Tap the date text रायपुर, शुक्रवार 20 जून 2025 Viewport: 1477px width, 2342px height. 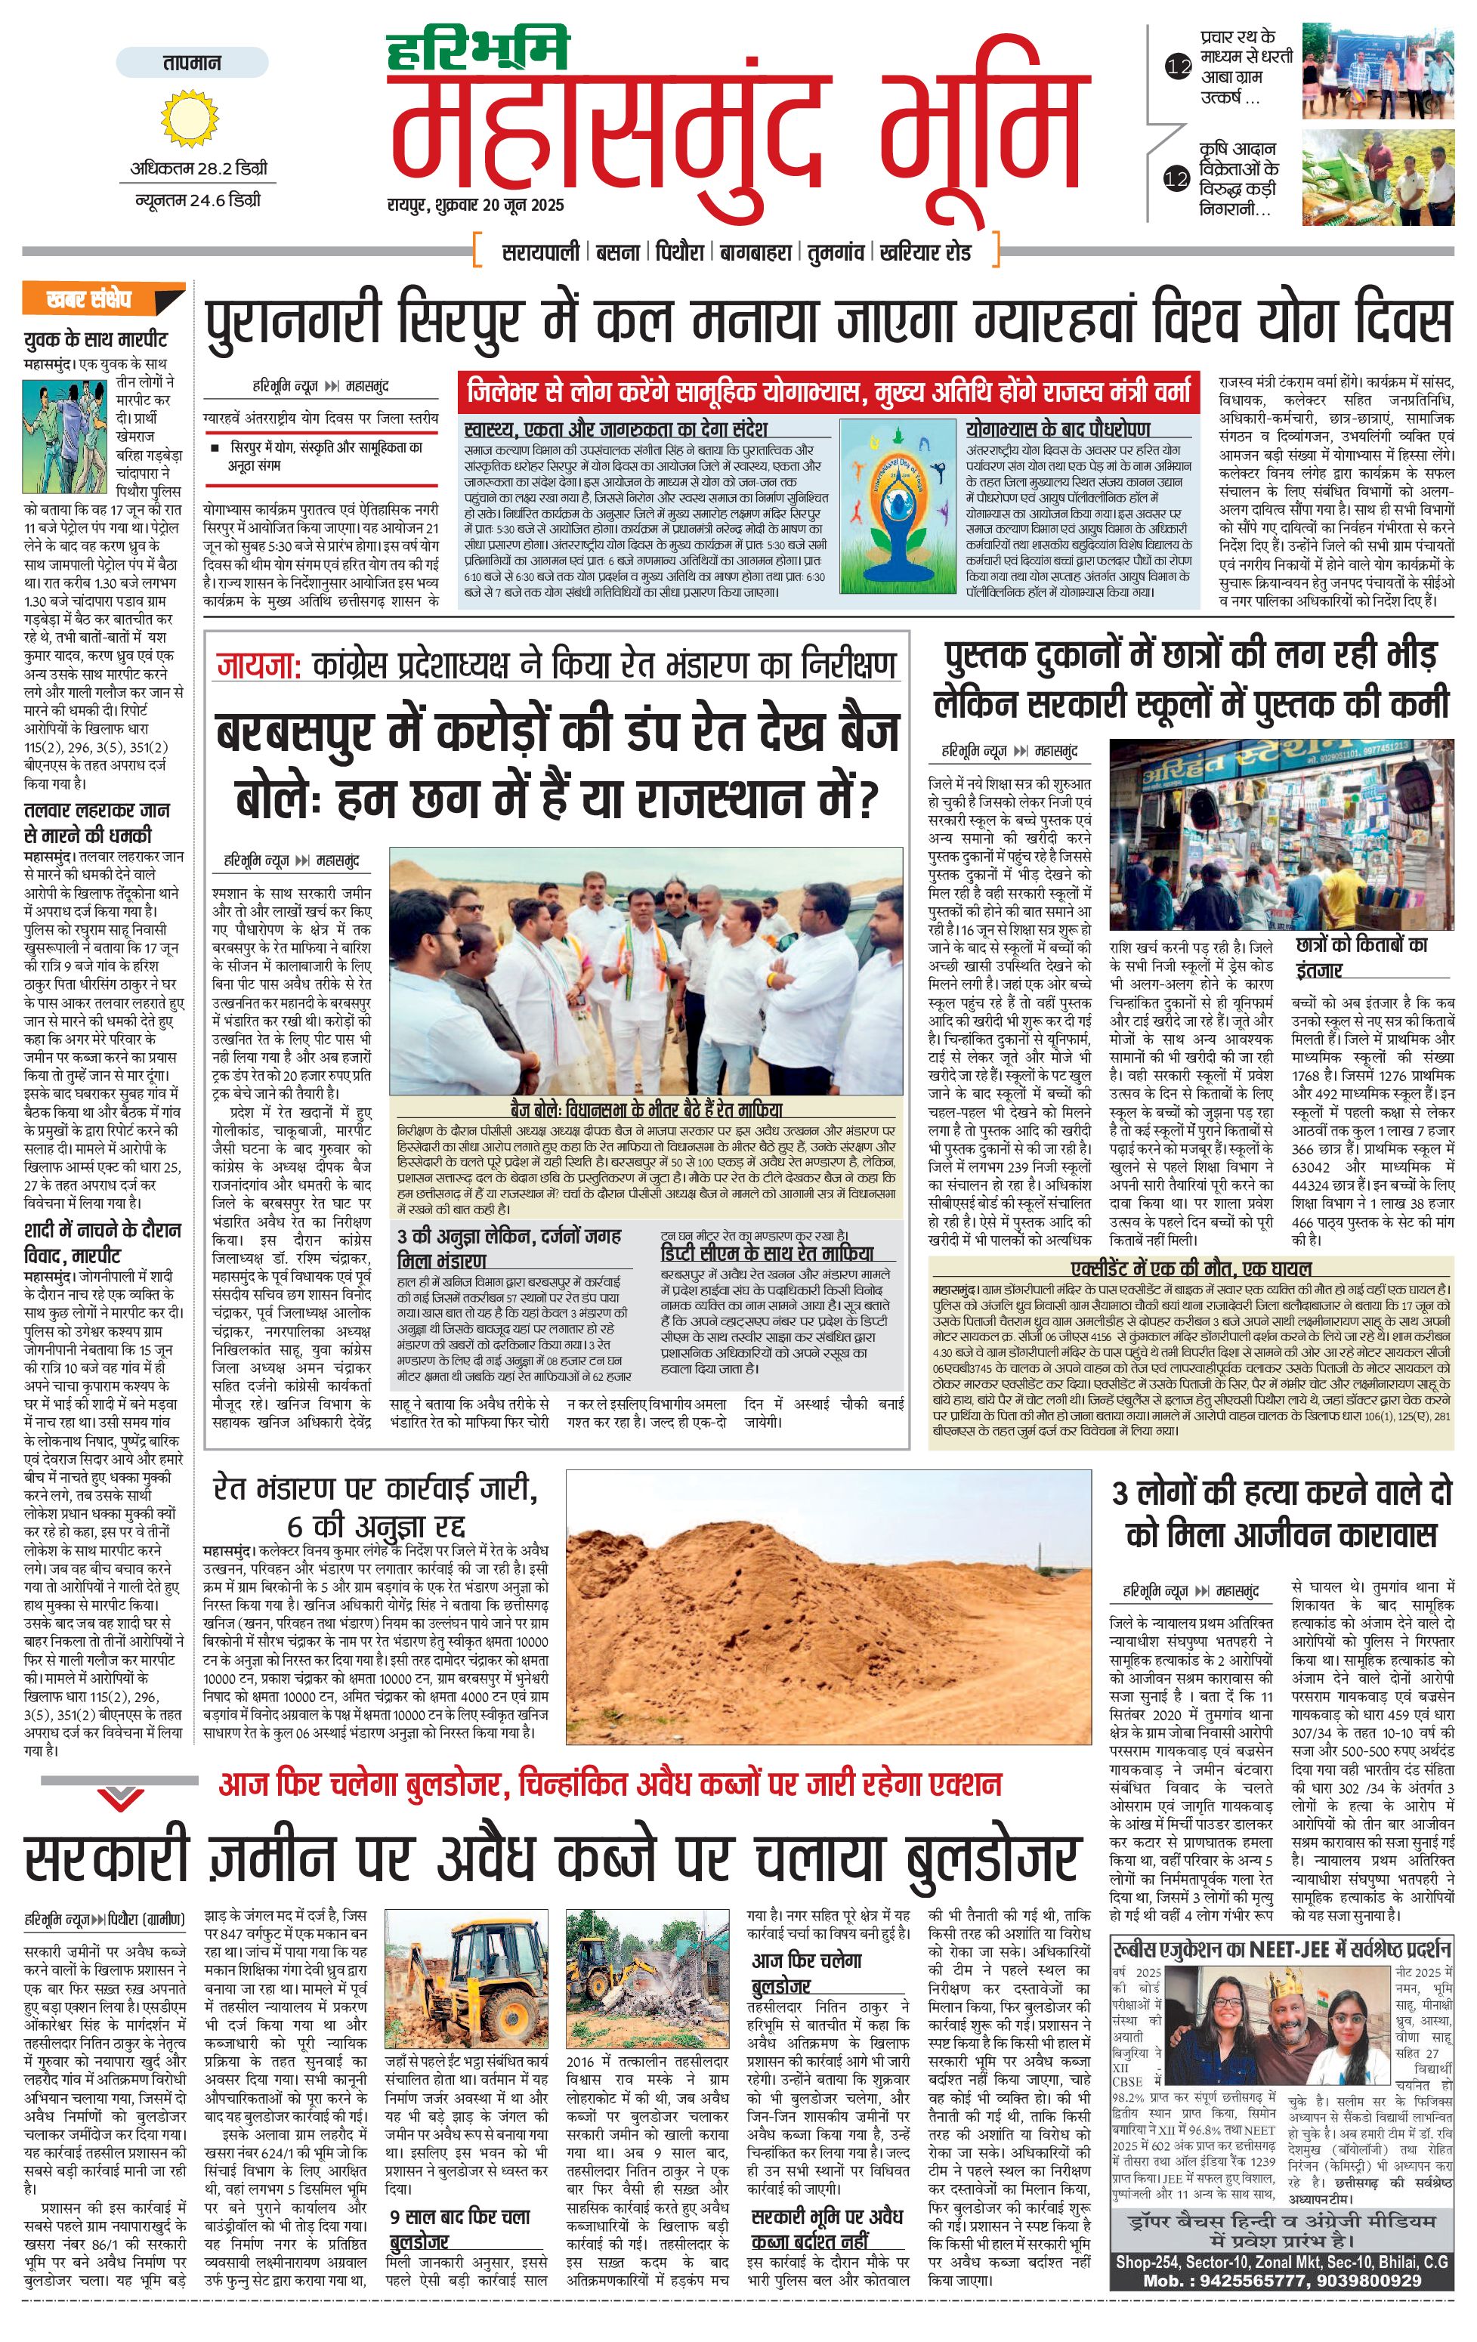coord(474,206)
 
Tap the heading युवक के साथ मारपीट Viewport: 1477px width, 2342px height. coord(95,339)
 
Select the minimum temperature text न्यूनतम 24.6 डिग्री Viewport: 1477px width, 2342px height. coord(197,201)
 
